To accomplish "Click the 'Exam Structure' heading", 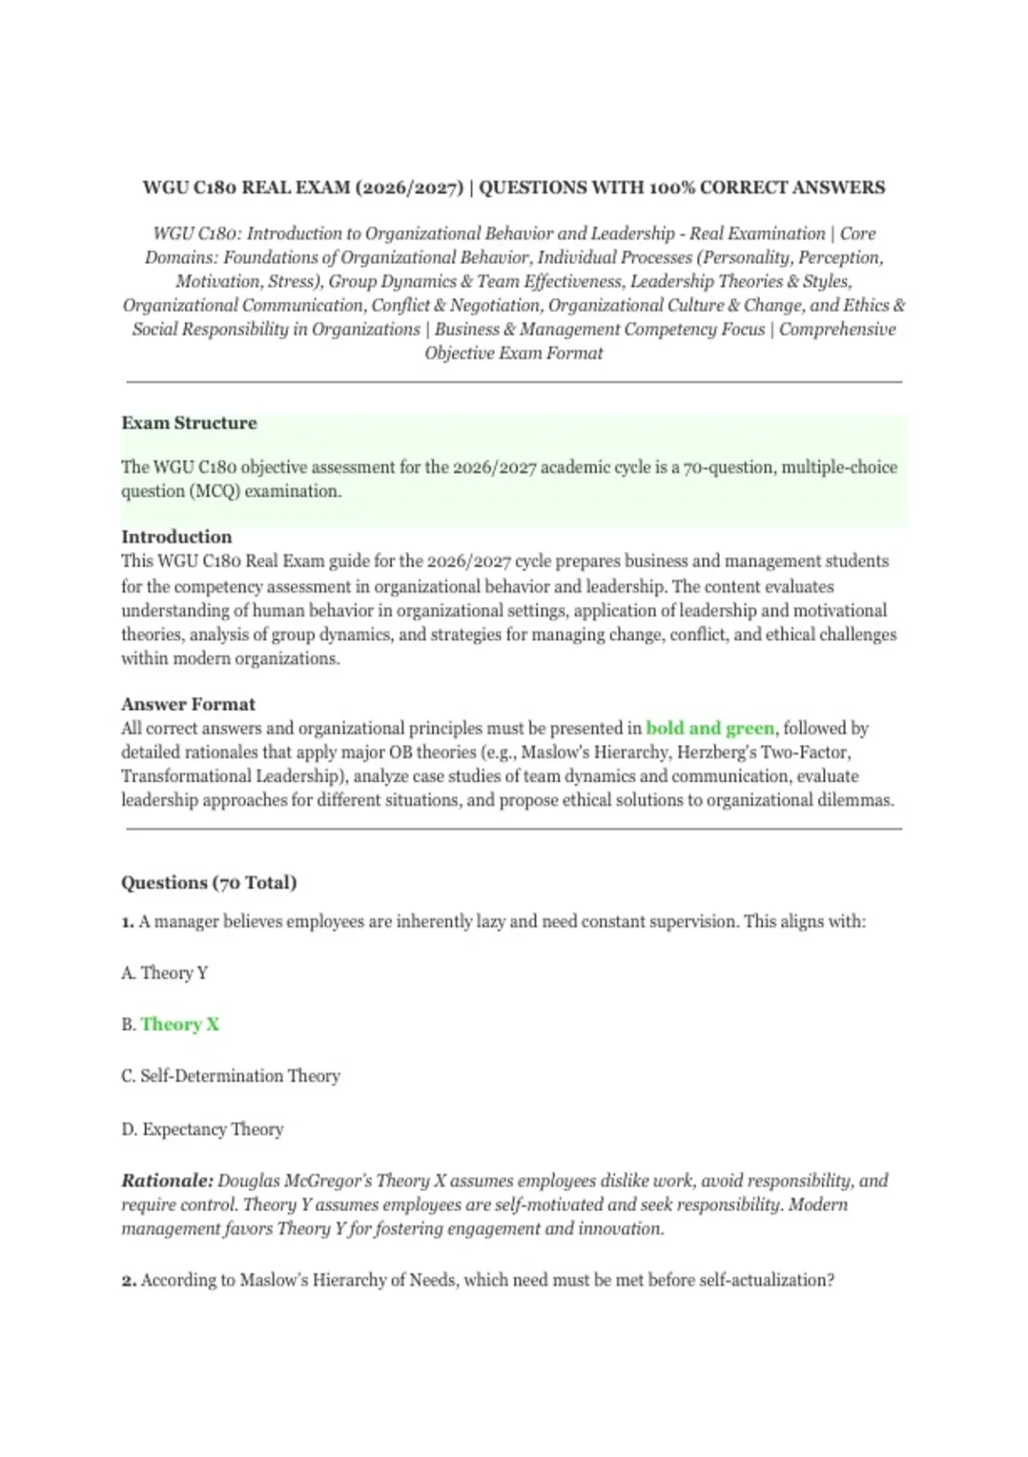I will (x=188, y=423).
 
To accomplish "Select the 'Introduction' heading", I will (x=176, y=537).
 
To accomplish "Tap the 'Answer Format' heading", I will (x=188, y=704).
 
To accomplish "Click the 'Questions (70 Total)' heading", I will (x=208, y=882).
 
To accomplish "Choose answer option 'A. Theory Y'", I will (x=164, y=973).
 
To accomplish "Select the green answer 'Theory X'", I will (x=180, y=1024).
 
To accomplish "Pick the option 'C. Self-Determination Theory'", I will (x=230, y=1076).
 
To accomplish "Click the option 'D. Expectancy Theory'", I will (x=202, y=1129).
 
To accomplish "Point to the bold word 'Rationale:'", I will (x=167, y=1180).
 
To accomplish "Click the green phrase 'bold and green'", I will (x=710, y=728).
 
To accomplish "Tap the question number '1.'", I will (x=128, y=921).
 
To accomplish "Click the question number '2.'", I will (x=128, y=1280).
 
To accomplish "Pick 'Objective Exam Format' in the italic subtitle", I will (x=514, y=353).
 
